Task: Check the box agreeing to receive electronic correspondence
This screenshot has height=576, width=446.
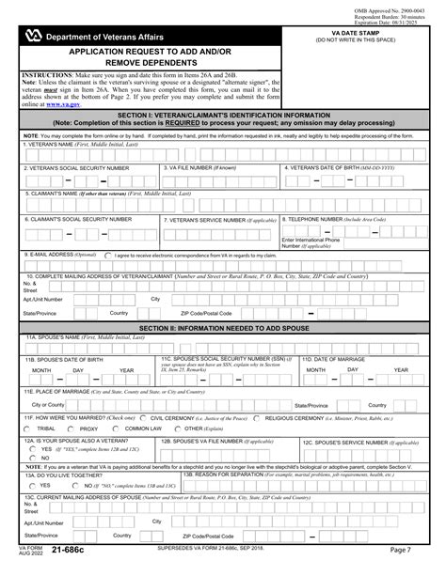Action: point(108,255)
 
